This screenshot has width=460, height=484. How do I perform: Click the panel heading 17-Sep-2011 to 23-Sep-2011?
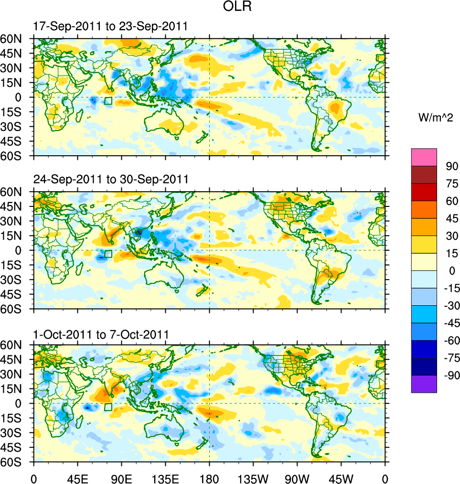coord(110,27)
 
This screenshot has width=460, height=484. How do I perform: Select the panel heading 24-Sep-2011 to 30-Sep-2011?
coord(111,179)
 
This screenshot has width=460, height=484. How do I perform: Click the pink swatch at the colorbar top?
coord(424,157)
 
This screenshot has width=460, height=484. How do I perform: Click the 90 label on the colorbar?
coord(452,167)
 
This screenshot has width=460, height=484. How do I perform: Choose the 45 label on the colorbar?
coord(452,219)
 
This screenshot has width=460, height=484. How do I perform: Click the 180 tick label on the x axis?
coord(209,477)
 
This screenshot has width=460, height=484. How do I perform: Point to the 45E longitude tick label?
coord(77,477)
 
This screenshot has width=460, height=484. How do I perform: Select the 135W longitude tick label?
coord(253,477)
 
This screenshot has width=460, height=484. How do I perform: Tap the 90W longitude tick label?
coord(297,477)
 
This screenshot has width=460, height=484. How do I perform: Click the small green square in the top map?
coord(108,101)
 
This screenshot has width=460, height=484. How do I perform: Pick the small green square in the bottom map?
coord(108,407)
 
